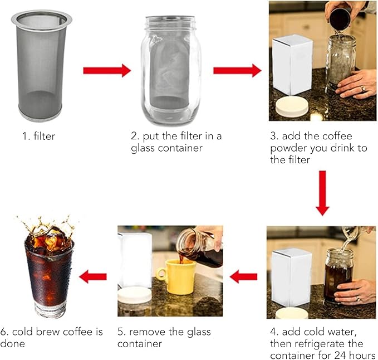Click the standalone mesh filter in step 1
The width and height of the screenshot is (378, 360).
coord(41,65)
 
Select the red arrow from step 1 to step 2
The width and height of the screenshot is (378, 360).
coord(107,70)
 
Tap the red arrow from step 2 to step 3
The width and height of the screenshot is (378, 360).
coord(237,70)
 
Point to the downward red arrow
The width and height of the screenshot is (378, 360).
coord(322,193)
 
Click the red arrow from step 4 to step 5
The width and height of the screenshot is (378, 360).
coord(243,276)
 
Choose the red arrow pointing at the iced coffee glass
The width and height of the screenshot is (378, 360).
coord(93,276)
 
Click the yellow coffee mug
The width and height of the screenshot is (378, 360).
coord(176,277)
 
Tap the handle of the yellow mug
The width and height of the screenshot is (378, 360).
coord(161,274)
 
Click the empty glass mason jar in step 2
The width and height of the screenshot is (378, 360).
coord(171,70)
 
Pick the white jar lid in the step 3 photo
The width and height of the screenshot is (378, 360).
coord(292,107)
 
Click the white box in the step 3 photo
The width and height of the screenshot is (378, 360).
coord(292,65)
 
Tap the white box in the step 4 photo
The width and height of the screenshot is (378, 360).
coord(292,278)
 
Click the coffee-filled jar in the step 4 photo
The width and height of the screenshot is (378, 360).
coord(338,275)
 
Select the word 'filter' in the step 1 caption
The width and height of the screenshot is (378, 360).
coord(45,136)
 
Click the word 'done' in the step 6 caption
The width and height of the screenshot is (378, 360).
coord(13,344)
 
